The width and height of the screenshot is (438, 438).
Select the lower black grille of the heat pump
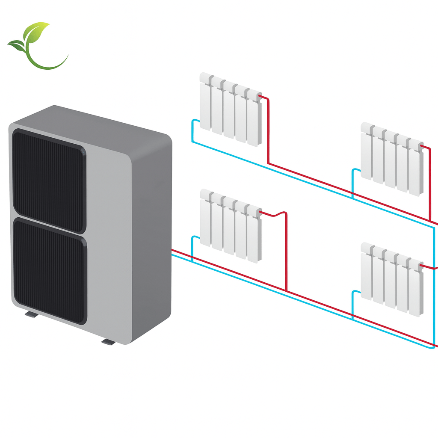click(x=49, y=269)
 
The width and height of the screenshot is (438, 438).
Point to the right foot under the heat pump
click(x=108, y=341)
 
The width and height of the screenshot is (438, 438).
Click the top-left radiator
click(x=230, y=109)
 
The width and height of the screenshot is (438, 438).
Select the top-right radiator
click(x=391, y=159)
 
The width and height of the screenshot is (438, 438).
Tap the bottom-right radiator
click(x=391, y=279)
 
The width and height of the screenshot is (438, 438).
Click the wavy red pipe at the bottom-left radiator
click(x=274, y=213)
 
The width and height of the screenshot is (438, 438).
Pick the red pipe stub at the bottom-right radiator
click(x=430, y=267)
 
